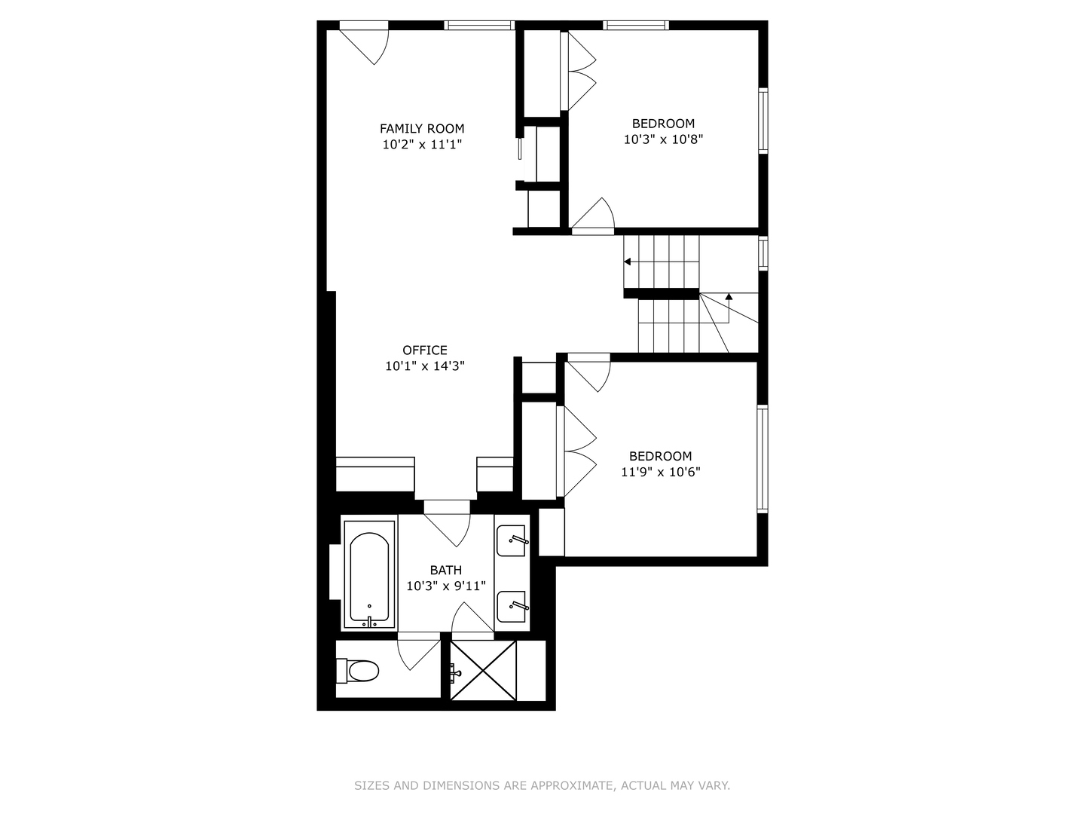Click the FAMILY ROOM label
(422, 129)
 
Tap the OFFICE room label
(425, 350)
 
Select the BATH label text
(446, 571)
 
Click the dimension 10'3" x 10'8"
(663, 139)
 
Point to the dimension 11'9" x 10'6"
(661, 473)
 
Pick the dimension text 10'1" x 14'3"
(425, 366)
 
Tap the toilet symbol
(359, 670)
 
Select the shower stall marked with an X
(484, 670)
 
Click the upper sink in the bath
(512, 540)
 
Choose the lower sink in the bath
(512, 606)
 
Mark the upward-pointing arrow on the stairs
(729, 297)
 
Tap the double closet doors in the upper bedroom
(579, 72)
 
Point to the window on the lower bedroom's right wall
(763, 458)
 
